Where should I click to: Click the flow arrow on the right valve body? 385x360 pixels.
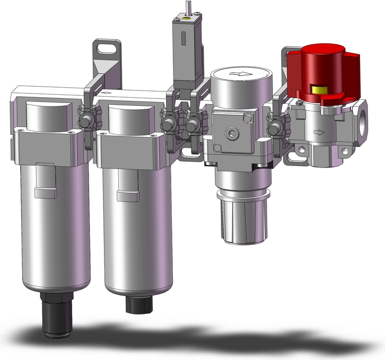click(x=318, y=131)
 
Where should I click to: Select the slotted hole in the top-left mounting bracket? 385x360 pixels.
click(x=106, y=48)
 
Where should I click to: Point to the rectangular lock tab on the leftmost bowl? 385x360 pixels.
click(x=46, y=193)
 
